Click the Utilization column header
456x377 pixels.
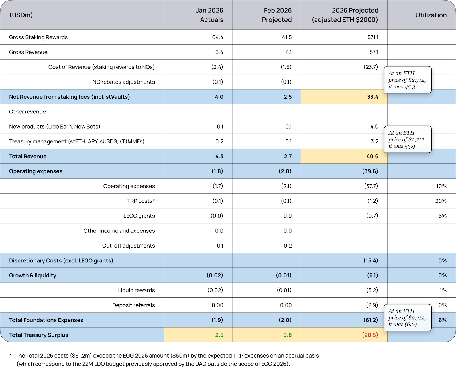(431, 15)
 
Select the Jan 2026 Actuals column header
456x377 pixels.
(209, 15)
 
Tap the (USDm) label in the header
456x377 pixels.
(21, 15)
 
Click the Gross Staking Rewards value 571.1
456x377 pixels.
(372, 37)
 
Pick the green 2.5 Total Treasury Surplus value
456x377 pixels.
(219, 335)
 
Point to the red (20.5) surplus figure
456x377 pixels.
(370, 335)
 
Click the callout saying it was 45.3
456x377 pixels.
(408, 80)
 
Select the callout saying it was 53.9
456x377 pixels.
(408, 139)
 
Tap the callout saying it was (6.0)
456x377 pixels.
(408, 318)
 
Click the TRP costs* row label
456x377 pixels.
(141, 201)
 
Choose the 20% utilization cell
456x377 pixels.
(441, 201)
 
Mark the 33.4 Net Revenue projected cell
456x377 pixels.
(372, 97)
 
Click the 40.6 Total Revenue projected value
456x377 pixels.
(372, 156)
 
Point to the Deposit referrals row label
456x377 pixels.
(133, 305)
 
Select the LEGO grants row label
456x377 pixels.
(139, 216)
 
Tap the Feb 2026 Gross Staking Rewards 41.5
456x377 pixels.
(286, 37)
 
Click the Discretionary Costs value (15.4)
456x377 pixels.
(370, 261)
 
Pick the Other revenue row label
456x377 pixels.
(27, 112)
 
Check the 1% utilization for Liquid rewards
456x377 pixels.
(443, 290)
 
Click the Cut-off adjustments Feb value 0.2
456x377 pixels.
(287, 246)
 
